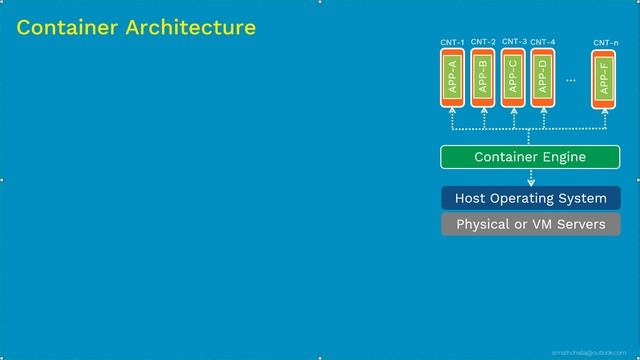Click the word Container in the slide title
click(67, 28)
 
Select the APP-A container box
click(452, 78)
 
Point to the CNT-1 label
click(452, 43)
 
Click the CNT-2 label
click(483, 43)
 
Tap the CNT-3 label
click(514, 42)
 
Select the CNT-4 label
click(543, 43)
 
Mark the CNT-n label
click(605, 43)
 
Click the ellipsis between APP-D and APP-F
click(571, 78)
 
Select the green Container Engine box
click(530, 157)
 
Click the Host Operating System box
click(530, 198)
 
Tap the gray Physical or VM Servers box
click(530, 224)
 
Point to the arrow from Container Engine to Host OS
click(531, 178)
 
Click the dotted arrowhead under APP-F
click(606, 113)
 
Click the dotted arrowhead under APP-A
click(452, 113)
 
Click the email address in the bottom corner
click(596, 353)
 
